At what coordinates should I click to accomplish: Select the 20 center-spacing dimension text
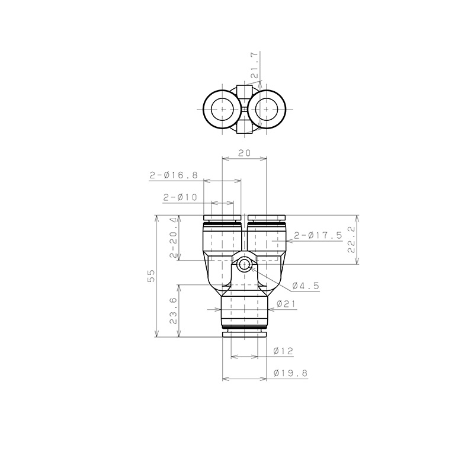(244, 153)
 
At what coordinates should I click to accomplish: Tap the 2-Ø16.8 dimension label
(173, 175)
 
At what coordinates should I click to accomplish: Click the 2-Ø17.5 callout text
(318, 235)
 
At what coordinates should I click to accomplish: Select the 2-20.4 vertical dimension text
(174, 238)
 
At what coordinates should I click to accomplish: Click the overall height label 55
(151, 276)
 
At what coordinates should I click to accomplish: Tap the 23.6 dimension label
(173, 311)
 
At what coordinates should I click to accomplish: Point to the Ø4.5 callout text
(306, 286)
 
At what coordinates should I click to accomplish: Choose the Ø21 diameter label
(286, 305)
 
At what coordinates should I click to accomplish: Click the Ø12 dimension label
(283, 351)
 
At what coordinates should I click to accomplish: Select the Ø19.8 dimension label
(290, 373)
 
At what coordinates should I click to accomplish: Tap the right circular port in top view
(268, 110)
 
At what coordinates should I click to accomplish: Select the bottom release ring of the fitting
(244, 336)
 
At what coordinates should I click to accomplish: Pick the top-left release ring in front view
(222, 217)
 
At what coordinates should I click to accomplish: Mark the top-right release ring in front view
(267, 217)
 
